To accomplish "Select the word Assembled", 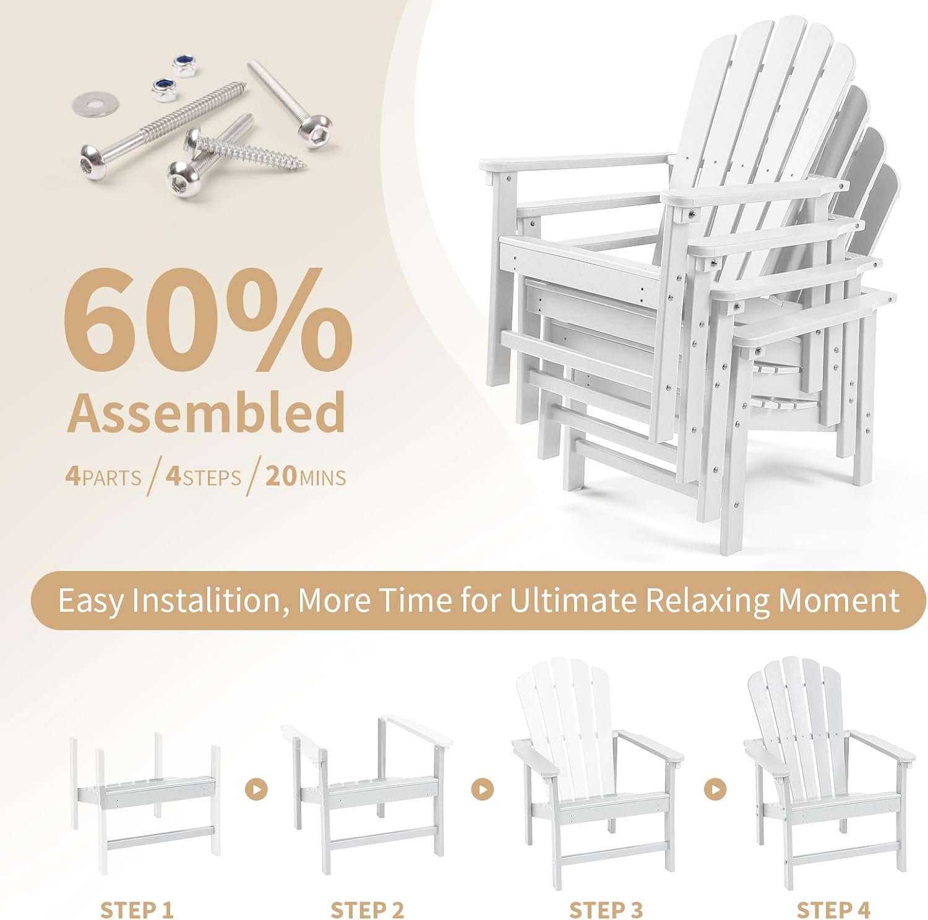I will (206, 412).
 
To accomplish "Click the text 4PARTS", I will (103, 478).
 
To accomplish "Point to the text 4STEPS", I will (204, 478).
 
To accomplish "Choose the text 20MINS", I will (306, 478).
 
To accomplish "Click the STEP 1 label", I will (137, 893).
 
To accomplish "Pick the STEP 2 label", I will (367, 893).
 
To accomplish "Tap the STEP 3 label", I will (606, 893).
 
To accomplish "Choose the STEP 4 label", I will (833, 893).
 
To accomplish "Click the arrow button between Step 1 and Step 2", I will (256, 789).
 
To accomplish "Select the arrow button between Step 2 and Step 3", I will (483, 789).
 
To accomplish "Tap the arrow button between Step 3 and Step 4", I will (715, 789).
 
